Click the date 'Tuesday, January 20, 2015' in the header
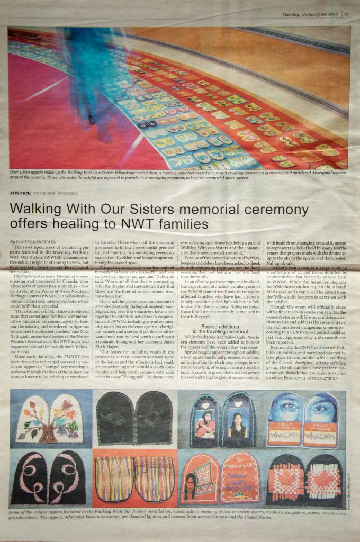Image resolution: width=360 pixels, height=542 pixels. point(310,14)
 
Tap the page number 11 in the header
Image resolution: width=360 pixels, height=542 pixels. point(346,14)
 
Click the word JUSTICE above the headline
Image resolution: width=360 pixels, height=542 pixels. point(20,193)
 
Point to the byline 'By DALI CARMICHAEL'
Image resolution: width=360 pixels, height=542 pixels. point(31,241)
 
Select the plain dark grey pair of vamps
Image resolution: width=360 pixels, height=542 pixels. point(134,418)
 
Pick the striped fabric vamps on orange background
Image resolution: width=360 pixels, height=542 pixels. point(134,478)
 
